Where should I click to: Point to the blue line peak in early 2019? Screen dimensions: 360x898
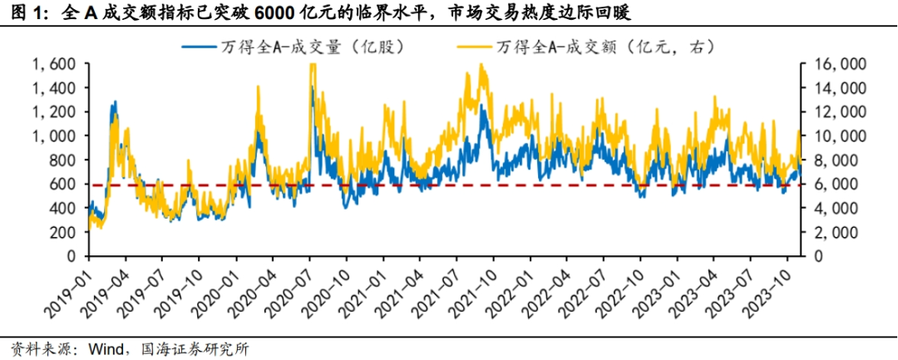114,102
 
